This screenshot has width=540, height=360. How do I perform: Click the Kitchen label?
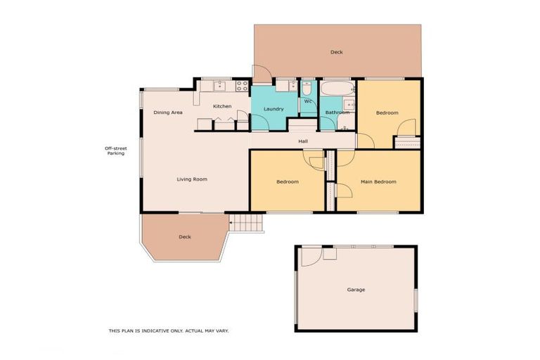[x=222, y=106]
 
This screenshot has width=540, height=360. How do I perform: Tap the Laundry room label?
[x=274, y=109]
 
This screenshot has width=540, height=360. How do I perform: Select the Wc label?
[x=308, y=101]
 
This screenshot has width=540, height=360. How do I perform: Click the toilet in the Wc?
[x=307, y=89]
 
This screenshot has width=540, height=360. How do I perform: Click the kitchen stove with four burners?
[x=241, y=86]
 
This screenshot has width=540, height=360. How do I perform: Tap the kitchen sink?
[x=219, y=86]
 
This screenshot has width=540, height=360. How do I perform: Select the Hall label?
[x=302, y=141]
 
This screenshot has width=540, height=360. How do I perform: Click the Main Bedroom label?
[x=378, y=181]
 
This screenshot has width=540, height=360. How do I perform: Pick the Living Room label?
[x=192, y=179]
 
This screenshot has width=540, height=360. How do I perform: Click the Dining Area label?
[x=168, y=112]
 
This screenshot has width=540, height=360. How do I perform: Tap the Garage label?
[x=356, y=289]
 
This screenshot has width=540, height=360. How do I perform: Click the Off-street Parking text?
[x=115, y=150]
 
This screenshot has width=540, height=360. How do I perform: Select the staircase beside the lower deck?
[x=247, y=223]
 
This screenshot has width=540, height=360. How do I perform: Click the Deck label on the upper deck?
[x=337, y=52]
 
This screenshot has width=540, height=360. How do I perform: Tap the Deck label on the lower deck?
[x=184, y=237]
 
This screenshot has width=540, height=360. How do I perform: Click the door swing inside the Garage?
[x=311, y=256]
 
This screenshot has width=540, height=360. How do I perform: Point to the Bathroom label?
[x=337, y=112]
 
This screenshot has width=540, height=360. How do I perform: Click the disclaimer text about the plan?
[x=169, y=330]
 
